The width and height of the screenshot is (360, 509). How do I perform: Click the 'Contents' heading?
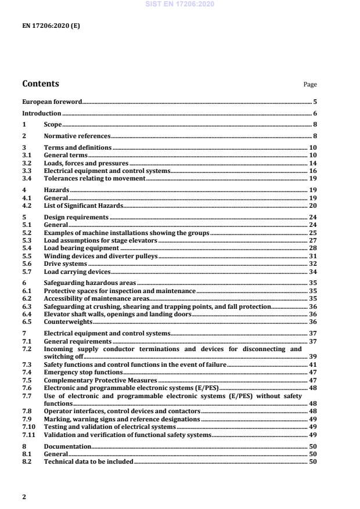coord(40,84)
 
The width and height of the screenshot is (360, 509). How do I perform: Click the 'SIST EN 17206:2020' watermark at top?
coord(179,4)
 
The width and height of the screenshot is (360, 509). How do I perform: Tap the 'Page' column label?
coord(310,85)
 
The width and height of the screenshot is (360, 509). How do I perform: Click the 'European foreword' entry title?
coord(52,101)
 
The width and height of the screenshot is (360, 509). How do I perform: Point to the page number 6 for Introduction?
coord(315,114)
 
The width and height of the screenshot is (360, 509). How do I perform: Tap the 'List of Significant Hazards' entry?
coord(84,205)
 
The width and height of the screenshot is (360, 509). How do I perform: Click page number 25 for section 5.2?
coord(312,232)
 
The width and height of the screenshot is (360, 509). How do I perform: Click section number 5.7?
coord(26,272)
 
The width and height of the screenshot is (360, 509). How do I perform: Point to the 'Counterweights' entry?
coord(68,322)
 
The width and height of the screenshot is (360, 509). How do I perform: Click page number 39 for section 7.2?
coord(312,356)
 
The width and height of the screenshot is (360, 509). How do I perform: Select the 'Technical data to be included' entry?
coord(88,461)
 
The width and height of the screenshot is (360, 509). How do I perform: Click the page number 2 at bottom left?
coord(24,497)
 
